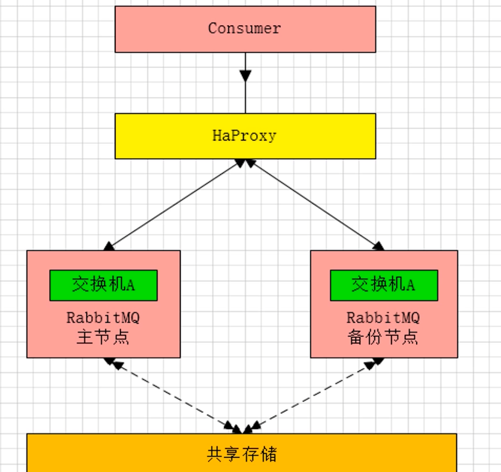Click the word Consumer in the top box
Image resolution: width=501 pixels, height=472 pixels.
click(x=244, y=28)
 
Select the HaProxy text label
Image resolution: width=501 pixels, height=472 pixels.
click(x=244, y=136)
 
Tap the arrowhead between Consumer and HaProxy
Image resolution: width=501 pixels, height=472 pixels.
click(x=246, y=76)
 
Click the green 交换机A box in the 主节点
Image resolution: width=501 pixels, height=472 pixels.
click(x=103, y=285)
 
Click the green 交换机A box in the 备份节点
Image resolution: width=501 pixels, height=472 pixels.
click(x=384, y=285)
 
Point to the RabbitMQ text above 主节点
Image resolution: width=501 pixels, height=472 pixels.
click(x=103, y=318)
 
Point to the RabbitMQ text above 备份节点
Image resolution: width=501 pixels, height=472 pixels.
click(x=383, y=318)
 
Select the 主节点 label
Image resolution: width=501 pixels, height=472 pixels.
click(x=103, y=337)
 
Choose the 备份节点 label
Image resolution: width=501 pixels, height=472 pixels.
click(x=383, y=337)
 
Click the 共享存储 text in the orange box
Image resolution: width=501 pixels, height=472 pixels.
click(x=242, y=454)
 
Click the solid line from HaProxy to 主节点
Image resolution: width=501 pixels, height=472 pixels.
click(x=174, y=204)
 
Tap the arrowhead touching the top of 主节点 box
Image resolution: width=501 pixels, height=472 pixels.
click(x=109, y=247)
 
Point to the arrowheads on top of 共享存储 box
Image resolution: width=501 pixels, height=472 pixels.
click(x=243, y=428)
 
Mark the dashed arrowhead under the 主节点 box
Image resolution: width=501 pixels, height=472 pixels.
click(x=113, y=363)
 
